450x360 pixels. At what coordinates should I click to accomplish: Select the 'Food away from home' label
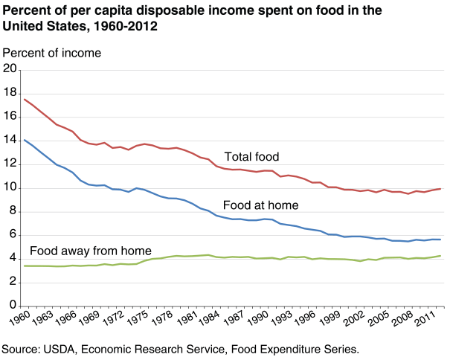tap(90, 251)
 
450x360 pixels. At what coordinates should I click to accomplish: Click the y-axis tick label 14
tap(10, 141)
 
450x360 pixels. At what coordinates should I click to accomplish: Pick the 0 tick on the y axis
tap(13, 306)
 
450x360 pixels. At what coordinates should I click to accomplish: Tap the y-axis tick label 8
tap(13, 211)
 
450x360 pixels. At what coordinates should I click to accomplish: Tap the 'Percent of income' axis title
tap(52, 53)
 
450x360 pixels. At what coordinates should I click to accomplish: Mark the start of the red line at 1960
tap(25, 99)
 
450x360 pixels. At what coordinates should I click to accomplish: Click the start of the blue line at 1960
tap(25, 140)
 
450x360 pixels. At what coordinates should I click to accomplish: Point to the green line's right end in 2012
tap(441, 256)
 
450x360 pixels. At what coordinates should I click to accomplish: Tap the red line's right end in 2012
tap(441, 189)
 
